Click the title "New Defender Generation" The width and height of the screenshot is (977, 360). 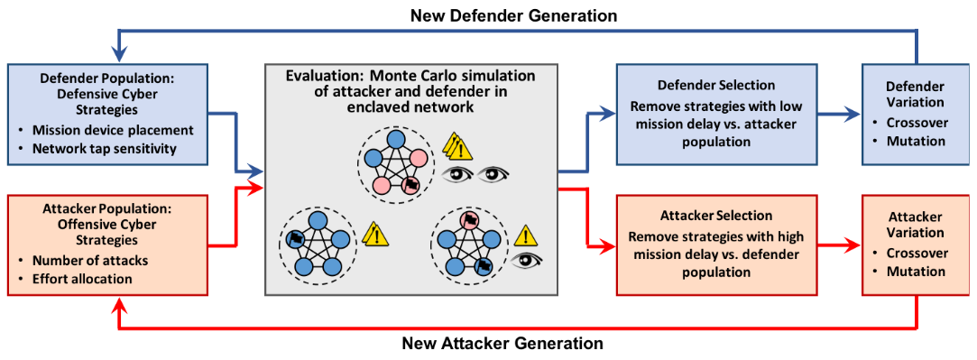(x=514, y=15)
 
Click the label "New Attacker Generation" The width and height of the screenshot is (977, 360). (x=502, y=343)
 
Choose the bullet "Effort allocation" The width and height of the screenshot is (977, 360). (x=82, y=279)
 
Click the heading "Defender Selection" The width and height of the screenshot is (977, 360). (x=716, y=85)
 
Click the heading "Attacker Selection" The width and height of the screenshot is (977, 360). (x=716, y=216)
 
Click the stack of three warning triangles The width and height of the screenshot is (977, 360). (x=456, y=147)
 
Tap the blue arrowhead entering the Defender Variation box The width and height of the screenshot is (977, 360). (x=854, y=114)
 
